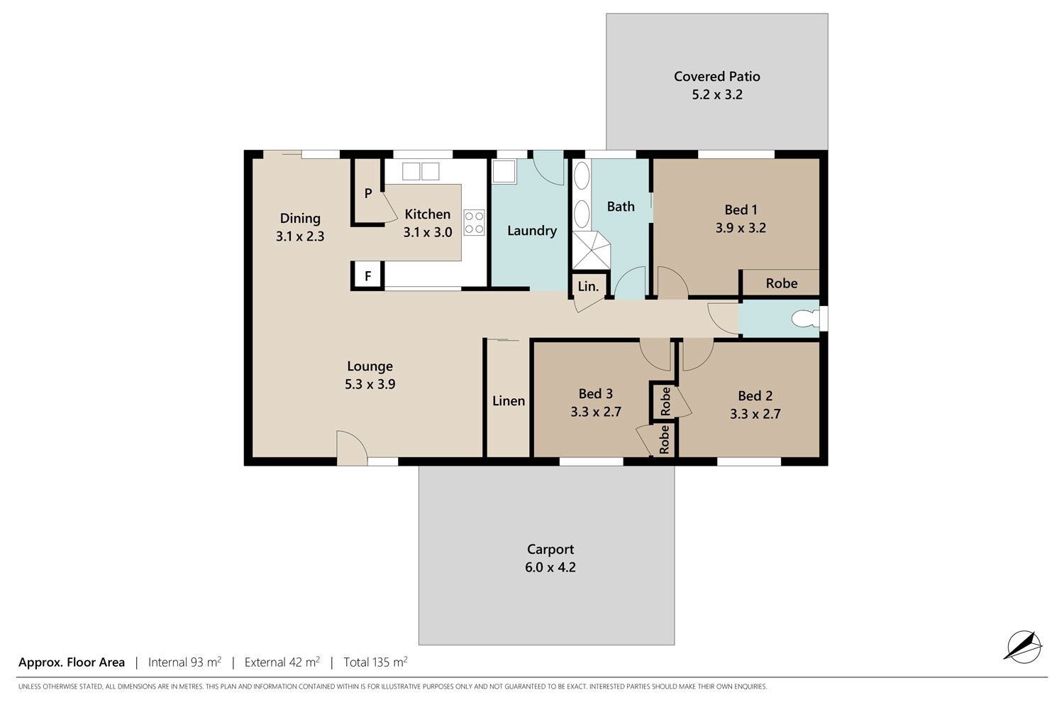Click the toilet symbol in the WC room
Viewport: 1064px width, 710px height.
point(806,318)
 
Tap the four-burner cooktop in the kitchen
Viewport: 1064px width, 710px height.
point(474,222)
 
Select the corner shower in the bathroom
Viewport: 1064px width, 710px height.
point(591,250)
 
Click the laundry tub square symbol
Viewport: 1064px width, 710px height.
point(504,172)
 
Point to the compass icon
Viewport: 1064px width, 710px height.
point(1023,647)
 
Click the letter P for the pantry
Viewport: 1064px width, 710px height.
point(368,194)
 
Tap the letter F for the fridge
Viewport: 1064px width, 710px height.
point(367,275)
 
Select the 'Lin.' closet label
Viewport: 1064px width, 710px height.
point(588,286)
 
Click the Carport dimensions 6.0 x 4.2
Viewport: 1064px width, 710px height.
point(550,567)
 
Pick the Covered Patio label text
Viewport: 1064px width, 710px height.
point(716,77)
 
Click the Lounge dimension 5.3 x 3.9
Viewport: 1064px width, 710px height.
point(370,384)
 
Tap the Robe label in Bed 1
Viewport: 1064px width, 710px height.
point(782,283)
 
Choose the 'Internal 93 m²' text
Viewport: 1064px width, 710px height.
point(184,662)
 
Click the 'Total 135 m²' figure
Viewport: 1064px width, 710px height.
point(376,662)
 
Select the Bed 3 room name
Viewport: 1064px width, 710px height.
point(596,394)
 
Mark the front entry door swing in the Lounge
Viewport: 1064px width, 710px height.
point(352,448)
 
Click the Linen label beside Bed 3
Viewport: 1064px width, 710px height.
point(509,401)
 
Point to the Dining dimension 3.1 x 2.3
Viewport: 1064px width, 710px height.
point(300,236)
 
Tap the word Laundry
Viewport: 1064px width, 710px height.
point(532,231)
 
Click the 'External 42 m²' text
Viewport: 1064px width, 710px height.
point(282,662)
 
